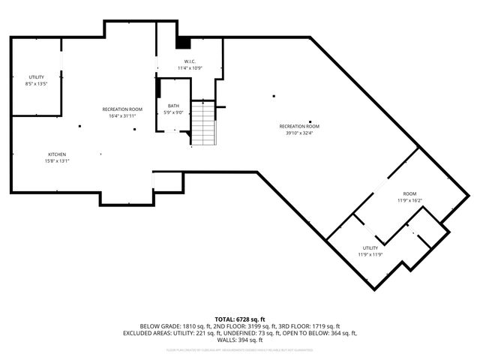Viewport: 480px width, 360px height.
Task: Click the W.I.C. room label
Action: [x=190, y=61]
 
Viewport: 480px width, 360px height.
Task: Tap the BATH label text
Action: [x=173, y=106]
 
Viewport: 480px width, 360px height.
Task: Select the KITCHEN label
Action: [x=57, y=154]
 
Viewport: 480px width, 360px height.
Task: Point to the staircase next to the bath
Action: [x=202, y=123]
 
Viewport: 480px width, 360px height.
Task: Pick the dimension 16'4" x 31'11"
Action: [x=122, y=116]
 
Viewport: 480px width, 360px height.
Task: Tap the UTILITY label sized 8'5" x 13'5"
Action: [x=36, y=77]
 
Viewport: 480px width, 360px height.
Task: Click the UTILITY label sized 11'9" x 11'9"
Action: [x=370, y=247]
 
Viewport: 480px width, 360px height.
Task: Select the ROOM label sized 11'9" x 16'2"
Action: [x=409, y=193]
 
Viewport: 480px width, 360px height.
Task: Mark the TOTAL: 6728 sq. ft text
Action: [x=240, y=319]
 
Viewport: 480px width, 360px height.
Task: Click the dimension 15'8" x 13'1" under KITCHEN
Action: [x=57, y=161]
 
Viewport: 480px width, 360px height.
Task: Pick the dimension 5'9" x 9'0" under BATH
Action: [x=173, y=112]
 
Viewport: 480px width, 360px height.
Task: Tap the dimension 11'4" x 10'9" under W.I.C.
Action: [x=190, y=68]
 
